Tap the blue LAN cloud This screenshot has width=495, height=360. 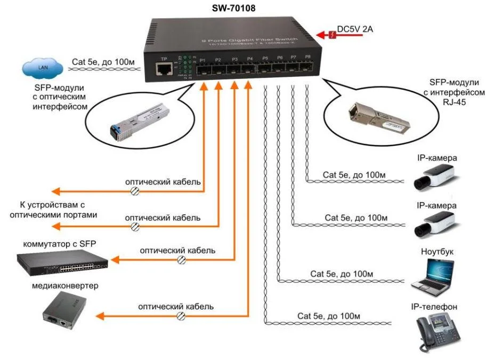pos(39,68)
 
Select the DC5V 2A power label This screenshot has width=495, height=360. pos(355,30)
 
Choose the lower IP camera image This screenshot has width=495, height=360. pos(435,224)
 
